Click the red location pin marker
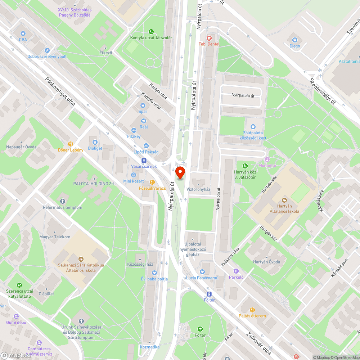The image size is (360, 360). click(x=180, y=172)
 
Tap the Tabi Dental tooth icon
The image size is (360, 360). click(x=208, y=37)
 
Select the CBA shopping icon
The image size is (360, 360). click(x=23, y=33)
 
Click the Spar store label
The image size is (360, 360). click(x=143, y=111)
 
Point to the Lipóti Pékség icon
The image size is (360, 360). click(x=146, y=146)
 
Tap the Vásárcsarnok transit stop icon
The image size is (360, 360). click(x=144, y=160)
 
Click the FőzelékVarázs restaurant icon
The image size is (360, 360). click(x=153, y=182)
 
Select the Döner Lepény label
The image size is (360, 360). click(x=71, y=150)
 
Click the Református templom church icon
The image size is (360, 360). click(x=63, y=201)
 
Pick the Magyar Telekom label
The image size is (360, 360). click(x=55, y=237)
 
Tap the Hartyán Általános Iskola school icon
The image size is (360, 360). click(x=284, y=200)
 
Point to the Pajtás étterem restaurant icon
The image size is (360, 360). click(x=252, y=310)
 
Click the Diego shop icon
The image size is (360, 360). click(x=295, y=40)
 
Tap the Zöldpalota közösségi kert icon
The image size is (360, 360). click(x=253, y=127)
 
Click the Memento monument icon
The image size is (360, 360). click(x=267, y=159)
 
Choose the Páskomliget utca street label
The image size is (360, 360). click(x=60, y=91)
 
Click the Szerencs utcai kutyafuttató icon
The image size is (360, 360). click(x=19, y=285)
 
